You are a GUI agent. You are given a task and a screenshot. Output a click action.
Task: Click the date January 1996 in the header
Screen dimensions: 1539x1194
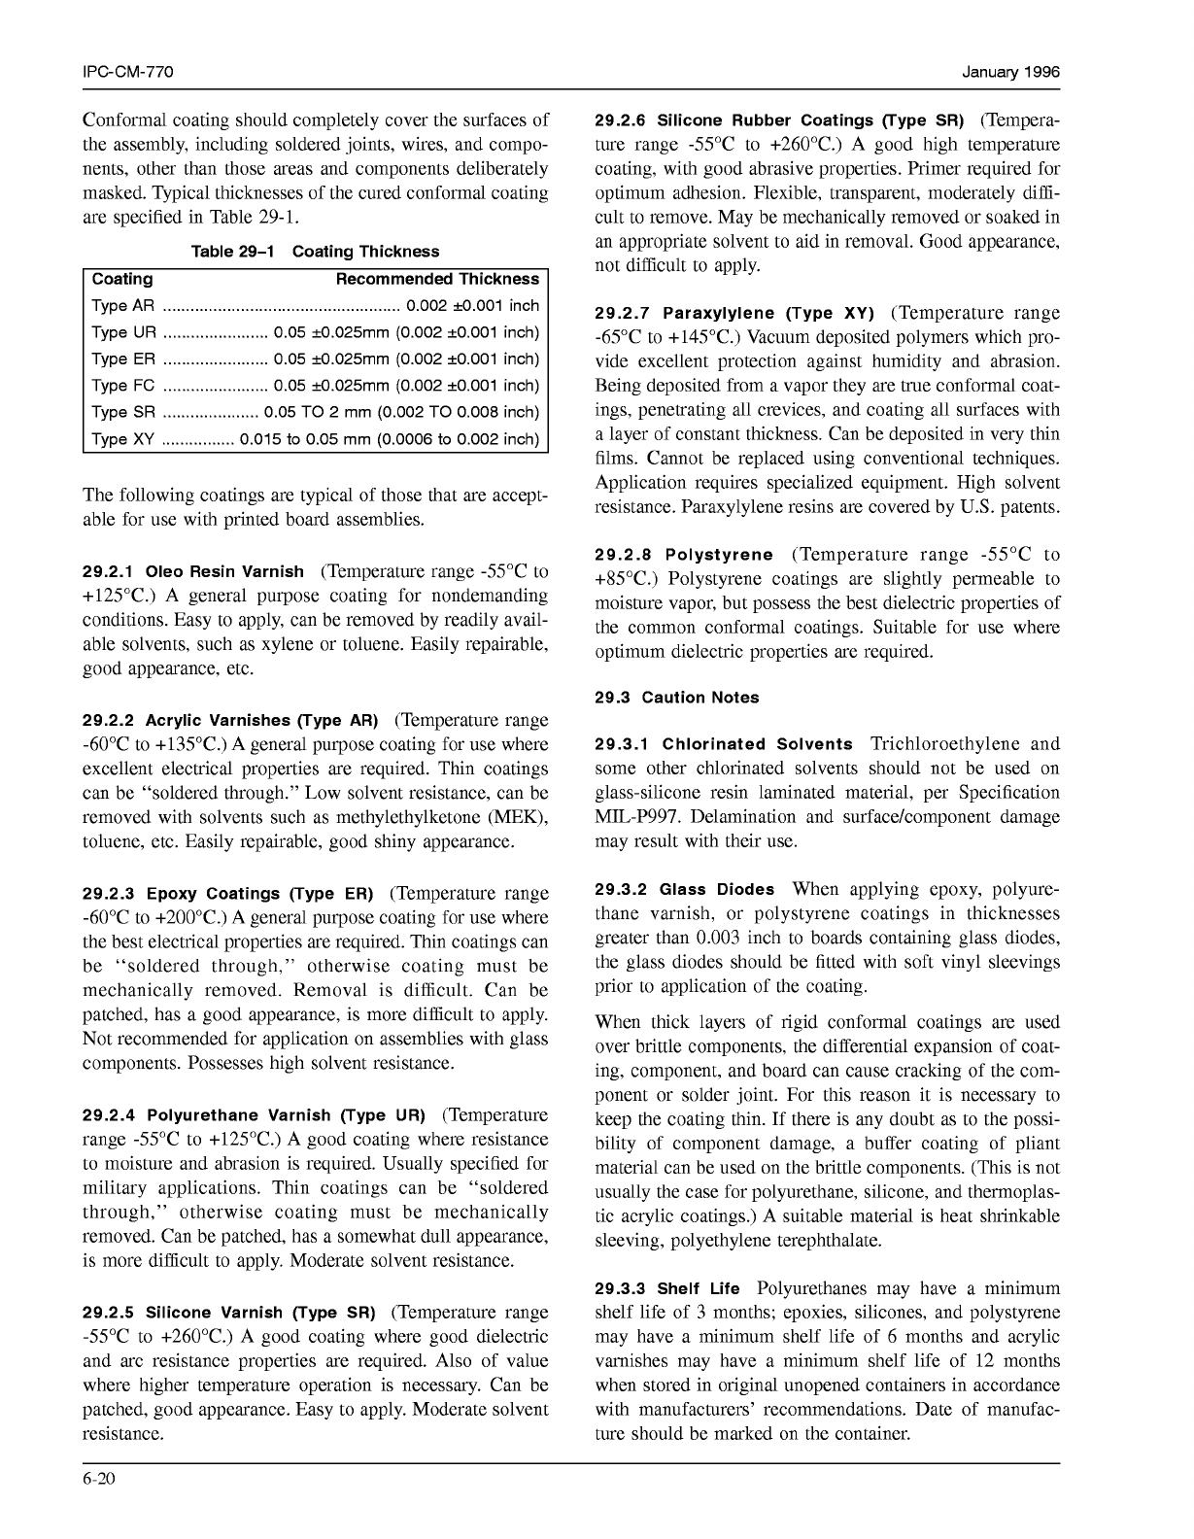click(1010, 73)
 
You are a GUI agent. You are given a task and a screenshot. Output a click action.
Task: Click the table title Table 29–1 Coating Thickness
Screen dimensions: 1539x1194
click(316, 252)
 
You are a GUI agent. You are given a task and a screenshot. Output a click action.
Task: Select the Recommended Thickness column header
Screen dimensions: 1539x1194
click(437, 280)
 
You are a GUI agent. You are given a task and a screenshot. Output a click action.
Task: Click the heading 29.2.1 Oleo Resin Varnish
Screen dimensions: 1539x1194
click(193, 572)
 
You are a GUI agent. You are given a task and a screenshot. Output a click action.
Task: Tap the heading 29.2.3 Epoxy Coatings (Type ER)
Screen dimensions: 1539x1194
click(228, 894)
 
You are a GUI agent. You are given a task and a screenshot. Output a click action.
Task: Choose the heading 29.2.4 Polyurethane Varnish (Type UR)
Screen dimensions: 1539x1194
click(255, 1115)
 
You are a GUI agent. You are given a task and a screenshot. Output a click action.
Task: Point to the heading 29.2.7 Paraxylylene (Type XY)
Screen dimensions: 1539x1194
click(734, 314)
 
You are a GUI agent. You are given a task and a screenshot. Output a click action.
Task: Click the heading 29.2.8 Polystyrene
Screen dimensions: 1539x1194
click(684, 556)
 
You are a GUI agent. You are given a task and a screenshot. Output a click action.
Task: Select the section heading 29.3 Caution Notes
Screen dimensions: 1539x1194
click(677, 698)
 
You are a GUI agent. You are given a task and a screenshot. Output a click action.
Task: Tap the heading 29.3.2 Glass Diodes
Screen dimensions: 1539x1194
click(685, 890)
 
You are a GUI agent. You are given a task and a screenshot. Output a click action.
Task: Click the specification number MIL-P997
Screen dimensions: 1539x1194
click(635, 817)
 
